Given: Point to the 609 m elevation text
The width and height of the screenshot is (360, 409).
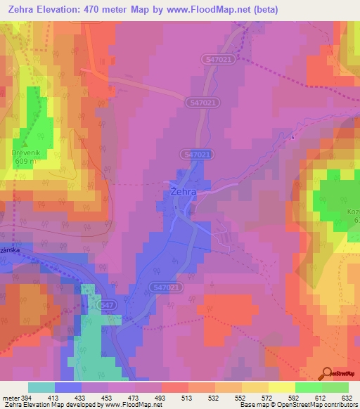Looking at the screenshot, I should (x=24, y=160).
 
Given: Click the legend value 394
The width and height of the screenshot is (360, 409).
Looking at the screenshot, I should (x=28, y=397).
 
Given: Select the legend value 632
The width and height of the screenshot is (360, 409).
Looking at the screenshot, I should (x=348, y=397).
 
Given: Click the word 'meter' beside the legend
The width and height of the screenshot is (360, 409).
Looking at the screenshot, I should (x=9, y=397).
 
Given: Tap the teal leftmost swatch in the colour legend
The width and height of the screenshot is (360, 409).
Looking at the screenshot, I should (x=41, y=387).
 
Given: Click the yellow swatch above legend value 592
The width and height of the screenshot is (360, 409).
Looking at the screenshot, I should (x=281, y=387).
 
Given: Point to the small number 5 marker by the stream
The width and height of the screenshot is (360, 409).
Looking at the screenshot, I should (x=291, y=138).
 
